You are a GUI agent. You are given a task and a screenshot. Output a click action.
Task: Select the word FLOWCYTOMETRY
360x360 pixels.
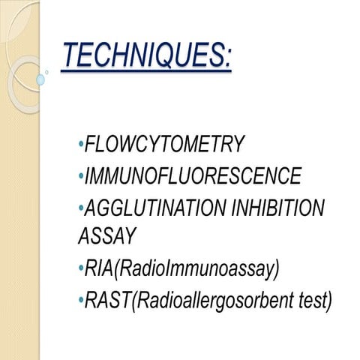(x=166, y=144)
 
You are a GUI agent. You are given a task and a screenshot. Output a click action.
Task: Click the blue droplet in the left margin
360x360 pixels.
(x=40, y=79)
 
